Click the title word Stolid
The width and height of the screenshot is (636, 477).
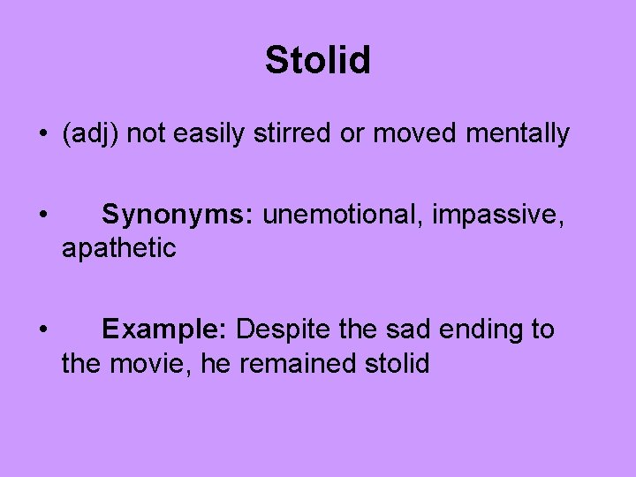[318, 60]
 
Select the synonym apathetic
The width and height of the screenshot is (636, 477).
[118, 249]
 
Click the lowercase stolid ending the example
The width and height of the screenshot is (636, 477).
[396, 363]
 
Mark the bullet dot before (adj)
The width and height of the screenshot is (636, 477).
[42, 135]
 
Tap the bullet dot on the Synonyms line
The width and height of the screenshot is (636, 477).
[42, 215]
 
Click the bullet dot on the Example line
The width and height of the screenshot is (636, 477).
[42, 329]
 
